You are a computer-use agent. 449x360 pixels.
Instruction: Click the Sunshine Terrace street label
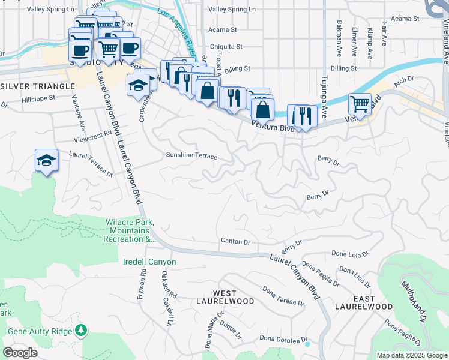click(x=191, y=155)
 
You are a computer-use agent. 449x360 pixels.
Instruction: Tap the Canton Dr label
click(x=235, y=242)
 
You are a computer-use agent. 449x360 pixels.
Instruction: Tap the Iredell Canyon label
click(x=149, y=262)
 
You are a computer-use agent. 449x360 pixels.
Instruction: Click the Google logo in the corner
click(x=20, y=353)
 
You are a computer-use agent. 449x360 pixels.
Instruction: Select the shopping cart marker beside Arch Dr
click(x=360, y=103)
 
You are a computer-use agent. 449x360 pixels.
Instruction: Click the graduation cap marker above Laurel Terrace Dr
click(x=46, y=160)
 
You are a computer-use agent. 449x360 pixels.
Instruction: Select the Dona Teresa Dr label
click(x=283, y=295)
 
